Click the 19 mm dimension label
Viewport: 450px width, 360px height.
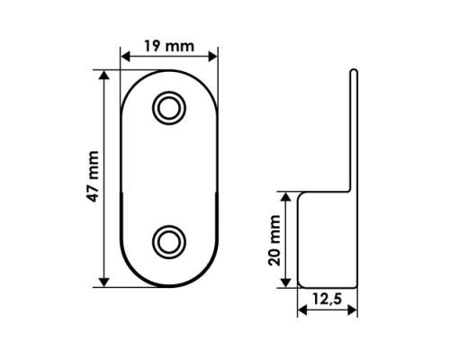coord(169,46)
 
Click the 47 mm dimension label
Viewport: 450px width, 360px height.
coord(93,176)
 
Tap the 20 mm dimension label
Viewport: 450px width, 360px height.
coord(274,240)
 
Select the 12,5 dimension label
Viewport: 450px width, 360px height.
coord(327,299)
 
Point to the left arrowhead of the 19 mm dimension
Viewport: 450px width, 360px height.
coord(125,56)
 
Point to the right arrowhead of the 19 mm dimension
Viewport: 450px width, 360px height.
coord(213,56)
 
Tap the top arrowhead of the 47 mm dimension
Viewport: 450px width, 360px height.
coord(103,75)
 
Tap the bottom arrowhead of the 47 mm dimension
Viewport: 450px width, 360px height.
coord(103,283)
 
